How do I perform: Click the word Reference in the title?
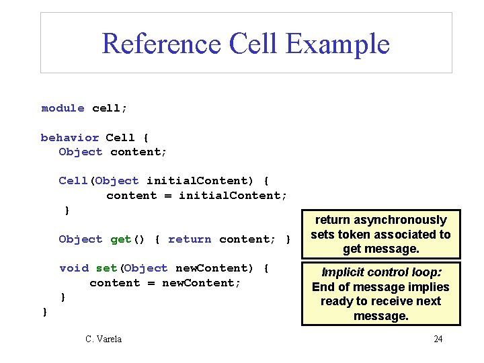coord(161,44)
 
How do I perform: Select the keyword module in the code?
coord(63,108)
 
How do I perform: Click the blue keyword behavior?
coord(70,138)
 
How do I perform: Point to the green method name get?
coord(121,239)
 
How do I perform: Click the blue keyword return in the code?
coord(190,239)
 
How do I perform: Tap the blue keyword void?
coord(74,268)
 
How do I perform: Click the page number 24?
coord(438,339)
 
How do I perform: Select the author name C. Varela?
coord(104,339)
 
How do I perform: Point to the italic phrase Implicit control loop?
coord(381,272)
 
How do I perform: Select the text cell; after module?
coord(110,108)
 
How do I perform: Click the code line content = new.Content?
coord(165,283)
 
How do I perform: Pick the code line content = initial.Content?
coord(196,196)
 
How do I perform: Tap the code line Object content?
coord(113,152)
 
